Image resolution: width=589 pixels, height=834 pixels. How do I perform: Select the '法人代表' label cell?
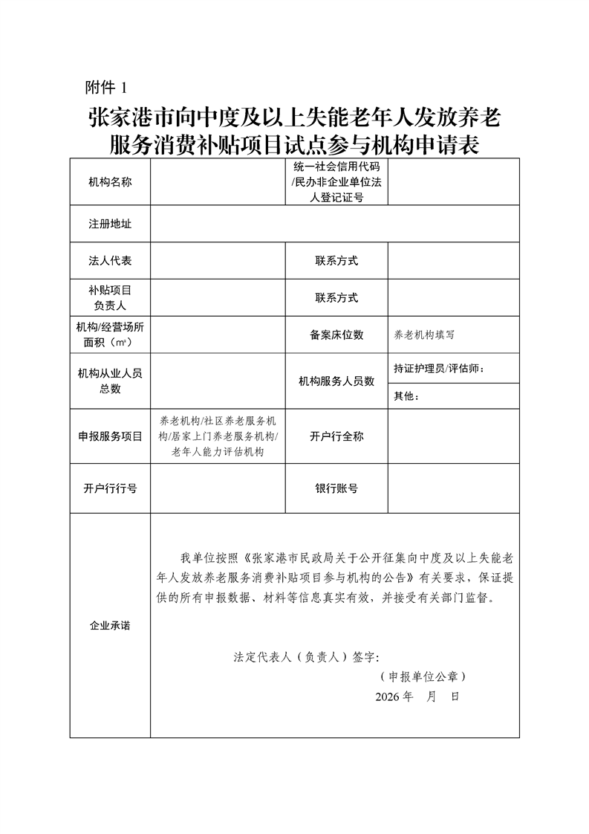(110, 261)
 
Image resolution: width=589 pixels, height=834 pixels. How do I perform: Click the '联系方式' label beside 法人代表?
(336, 261)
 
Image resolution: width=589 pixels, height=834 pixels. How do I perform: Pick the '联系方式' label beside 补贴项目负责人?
(336, 298)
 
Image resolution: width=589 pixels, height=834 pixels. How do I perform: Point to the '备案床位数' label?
(336, 334)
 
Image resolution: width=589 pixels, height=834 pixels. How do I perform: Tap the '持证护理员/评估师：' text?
(443, 368)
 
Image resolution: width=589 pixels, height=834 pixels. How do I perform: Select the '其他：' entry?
(406, 396)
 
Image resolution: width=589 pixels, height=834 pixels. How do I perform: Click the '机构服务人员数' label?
(336, 381)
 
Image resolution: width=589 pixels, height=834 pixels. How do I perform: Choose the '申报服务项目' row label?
(110, 436)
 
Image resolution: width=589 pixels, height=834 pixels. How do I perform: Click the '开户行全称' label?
(336, 436)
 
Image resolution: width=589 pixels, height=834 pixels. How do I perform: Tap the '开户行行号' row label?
(110, 488)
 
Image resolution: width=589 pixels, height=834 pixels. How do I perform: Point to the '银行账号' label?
(336, 488)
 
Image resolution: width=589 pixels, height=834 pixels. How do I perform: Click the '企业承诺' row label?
(110, 626)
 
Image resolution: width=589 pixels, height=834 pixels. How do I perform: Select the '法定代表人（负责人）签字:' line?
(306, 657)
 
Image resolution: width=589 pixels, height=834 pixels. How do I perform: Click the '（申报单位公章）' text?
(421, 677)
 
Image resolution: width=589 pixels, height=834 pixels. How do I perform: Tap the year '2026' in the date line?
(387, 697)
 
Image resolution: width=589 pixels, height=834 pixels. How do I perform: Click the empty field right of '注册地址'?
(334, 224)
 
